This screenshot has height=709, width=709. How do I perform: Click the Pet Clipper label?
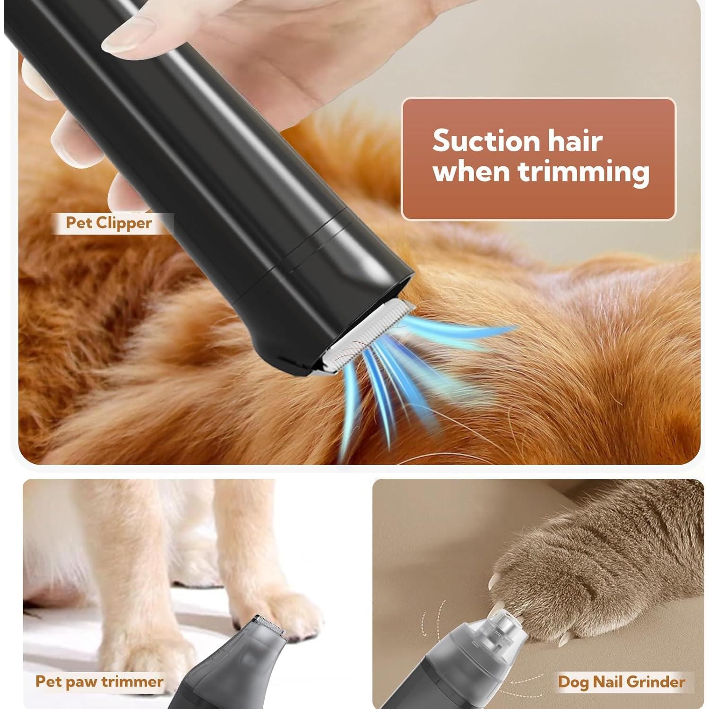(x=109, y=223)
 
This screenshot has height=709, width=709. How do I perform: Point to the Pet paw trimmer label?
(x=99, y=682)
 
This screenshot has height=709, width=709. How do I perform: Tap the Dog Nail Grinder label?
(x=621, y=682)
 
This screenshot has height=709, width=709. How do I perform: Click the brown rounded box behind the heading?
(x=539, y=203)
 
